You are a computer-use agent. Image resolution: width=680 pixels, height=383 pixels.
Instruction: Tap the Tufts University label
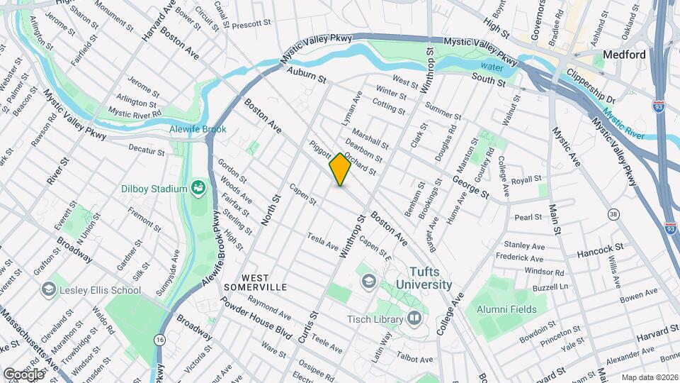(430, 278)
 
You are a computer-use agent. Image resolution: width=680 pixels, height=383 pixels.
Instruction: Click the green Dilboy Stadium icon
(198, 188)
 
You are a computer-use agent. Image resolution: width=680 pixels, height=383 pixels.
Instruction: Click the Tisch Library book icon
(414, 319)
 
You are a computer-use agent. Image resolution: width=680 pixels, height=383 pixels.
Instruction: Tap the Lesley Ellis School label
(101, 289)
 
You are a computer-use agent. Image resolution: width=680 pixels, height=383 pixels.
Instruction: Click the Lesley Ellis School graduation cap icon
(48, 289)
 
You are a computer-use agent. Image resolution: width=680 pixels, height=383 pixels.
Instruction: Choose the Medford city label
(624, 55)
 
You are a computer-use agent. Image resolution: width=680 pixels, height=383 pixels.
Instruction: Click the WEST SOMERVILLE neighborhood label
(255, 282)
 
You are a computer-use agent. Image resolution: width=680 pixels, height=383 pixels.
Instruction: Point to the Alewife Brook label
(198, 130)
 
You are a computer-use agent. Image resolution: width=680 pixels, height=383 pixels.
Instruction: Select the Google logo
(23, 373)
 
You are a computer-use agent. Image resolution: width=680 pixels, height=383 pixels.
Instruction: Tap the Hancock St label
(599, 250)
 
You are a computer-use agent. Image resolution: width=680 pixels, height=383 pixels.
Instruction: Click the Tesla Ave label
(322, 241)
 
